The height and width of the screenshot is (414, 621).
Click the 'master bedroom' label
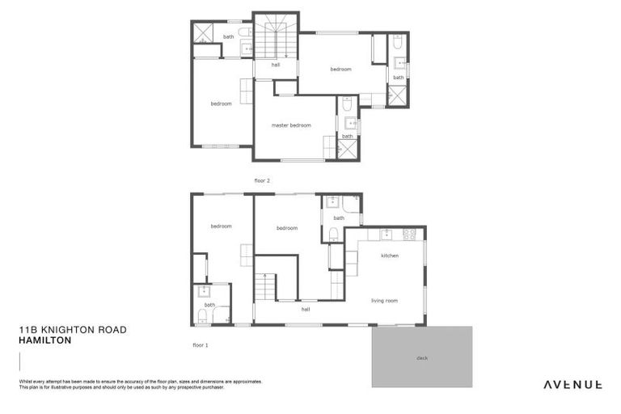pos(291,125)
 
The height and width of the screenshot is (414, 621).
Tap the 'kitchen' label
pos(390,256)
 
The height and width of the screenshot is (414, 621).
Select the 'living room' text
pos(384,301)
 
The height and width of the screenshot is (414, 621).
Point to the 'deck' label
pos(422,357)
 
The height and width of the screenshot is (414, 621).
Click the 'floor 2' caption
pos(262,181)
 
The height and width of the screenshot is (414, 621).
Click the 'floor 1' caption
pos(201,345)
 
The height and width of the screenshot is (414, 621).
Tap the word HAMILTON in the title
pos(45,340)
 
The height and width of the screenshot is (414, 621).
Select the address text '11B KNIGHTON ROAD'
pos(73,330)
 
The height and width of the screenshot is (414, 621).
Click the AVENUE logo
pos(572,385)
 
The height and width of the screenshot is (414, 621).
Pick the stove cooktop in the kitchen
pos(408,234)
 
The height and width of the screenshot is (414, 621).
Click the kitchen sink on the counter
pos(387,234)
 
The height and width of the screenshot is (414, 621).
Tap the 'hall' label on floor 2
pos(275,65)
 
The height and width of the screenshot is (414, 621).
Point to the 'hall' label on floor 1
pos(306,309)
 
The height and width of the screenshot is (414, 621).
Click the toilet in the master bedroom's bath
pos(346,104)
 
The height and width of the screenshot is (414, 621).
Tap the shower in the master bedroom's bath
pos(348,150)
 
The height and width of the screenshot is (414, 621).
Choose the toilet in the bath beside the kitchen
pos(333,234)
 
